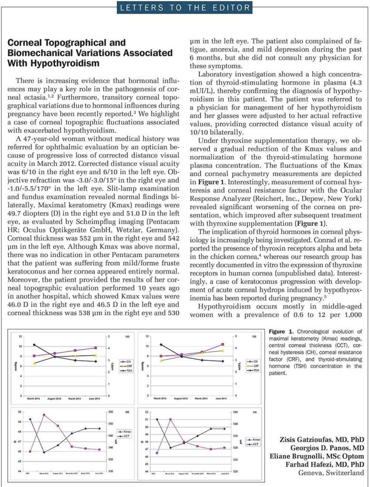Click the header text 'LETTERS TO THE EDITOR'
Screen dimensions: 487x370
tap(185, 7)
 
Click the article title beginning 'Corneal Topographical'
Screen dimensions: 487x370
tap(90, 53)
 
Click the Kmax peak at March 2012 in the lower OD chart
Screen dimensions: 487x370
tap(44, 415)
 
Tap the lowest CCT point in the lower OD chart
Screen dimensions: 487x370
tap(44, 452)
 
